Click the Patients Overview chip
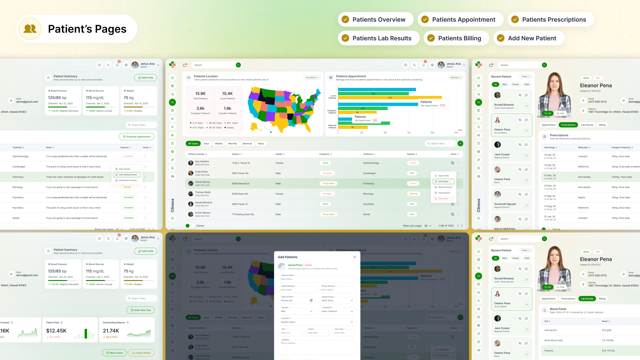pyautogui.click(x=376, y=20)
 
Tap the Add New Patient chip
pyautogui.click(x=529, y=38)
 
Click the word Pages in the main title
pyautogui.click(x=110, y=29)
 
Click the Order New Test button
pyautogui.click(x=141, y=310)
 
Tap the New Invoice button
pyautogui.click(x=114, y=353)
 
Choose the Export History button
pyautogui.click(x=141, y=353)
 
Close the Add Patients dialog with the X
pyautogui.click(x=355, y=257)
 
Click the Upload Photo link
pyautogui.click(x=295, y=265)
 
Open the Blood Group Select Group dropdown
pyautogui.click(x=337, y=300)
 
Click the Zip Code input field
pyautogui.click(x=344, y=333)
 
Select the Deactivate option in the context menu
pyautogui.click(x=443, y=199)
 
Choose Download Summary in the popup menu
pyautogui.click(x=128, y=180)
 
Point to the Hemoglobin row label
pyautogui.click(x=551, y=330)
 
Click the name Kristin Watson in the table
pyautogui.click(x=203, y=213)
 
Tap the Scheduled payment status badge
pyautogui.click(x=128, y=156)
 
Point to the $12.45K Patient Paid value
pyautogui.click(x=56, y=331)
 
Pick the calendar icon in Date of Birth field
pyautogui.click(x=311, y=300)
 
